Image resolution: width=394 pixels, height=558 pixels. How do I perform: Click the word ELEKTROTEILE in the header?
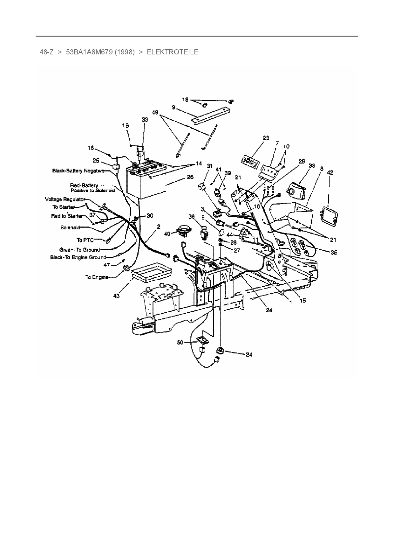173,52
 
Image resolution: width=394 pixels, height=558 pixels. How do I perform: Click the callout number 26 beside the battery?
190,177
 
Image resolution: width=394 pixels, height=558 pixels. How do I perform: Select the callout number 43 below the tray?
116,296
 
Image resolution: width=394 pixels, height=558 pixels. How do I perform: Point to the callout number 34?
249,354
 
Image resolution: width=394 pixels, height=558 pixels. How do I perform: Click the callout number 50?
180,342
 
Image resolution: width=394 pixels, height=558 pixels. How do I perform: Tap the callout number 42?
330,172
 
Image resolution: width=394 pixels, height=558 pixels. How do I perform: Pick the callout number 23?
266,138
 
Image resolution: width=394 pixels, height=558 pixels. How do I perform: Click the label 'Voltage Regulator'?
65,199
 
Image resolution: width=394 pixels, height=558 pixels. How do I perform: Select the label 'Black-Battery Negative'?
78,171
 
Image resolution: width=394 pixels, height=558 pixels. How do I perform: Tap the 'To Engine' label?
96,277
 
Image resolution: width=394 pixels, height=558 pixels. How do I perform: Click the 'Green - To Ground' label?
79,250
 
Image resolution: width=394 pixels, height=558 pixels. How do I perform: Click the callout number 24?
269,310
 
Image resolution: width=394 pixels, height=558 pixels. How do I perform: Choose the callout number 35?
334,253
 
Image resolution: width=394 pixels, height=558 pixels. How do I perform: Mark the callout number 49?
155,112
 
